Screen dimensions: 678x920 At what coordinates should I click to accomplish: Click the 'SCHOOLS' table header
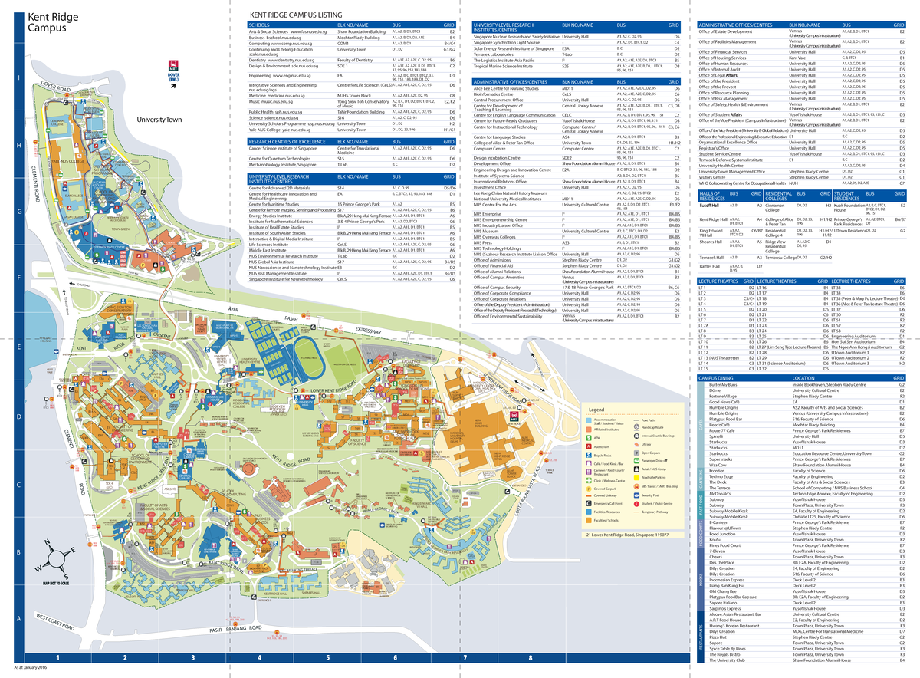click(x=259, y=25)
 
